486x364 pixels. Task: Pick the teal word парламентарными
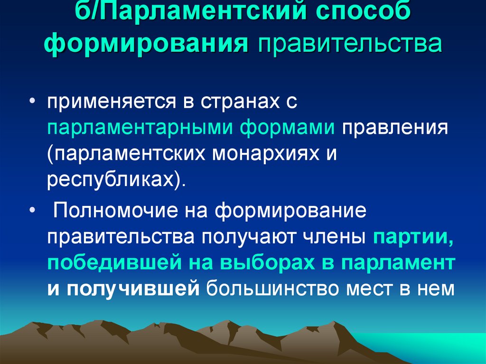[137, 129]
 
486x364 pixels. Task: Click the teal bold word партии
[413, 236]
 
